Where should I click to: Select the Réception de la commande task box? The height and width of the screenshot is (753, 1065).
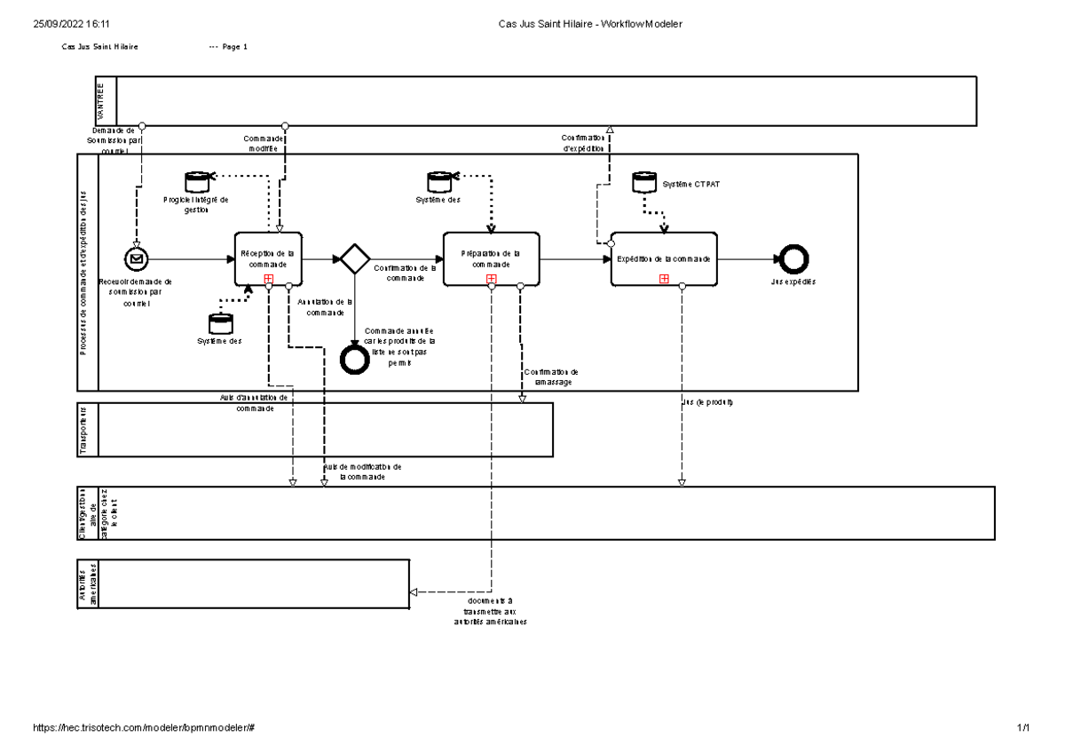click(268, 258)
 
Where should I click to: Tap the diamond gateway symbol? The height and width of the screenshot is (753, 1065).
click(355, 259)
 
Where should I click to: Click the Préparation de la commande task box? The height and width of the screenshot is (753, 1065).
click(491, 258)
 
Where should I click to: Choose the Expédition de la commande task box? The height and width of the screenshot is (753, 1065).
click(664, 259)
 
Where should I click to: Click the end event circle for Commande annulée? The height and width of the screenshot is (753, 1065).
click(355, 359)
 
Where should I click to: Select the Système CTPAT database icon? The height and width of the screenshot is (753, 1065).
click(644, 183)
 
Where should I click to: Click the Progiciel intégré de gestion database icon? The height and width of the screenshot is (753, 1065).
click(196, 183)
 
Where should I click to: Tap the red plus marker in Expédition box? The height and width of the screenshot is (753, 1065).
click(664, 279)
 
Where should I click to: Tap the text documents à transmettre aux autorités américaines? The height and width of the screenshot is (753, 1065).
click(489, 611)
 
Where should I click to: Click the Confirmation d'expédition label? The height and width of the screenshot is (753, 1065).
click(582, 142)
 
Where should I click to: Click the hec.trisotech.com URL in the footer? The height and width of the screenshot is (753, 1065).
click(144, 727)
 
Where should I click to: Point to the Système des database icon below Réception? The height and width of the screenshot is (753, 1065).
click(219, 323)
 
